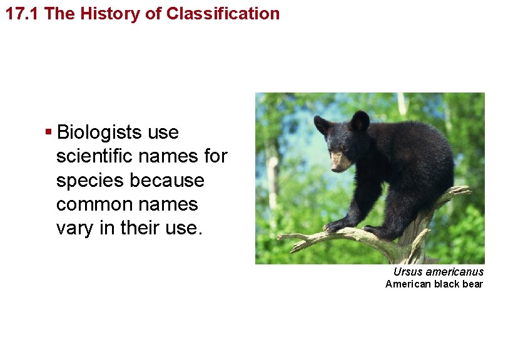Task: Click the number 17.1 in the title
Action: (23, 14)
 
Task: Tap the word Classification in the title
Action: (223, 14)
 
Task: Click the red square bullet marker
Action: (48, 132)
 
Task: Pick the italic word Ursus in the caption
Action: (407, 272)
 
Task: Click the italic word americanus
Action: (454, 272)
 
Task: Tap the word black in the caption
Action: (445, 284)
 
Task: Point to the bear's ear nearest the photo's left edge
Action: (322, 124)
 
